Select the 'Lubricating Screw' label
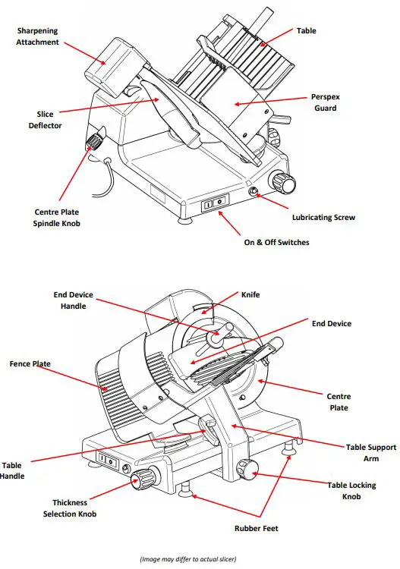323,217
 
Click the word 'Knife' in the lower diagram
251,294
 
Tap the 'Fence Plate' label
31,364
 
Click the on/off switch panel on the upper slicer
215,204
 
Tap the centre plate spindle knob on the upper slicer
95,140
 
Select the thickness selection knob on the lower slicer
142,478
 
